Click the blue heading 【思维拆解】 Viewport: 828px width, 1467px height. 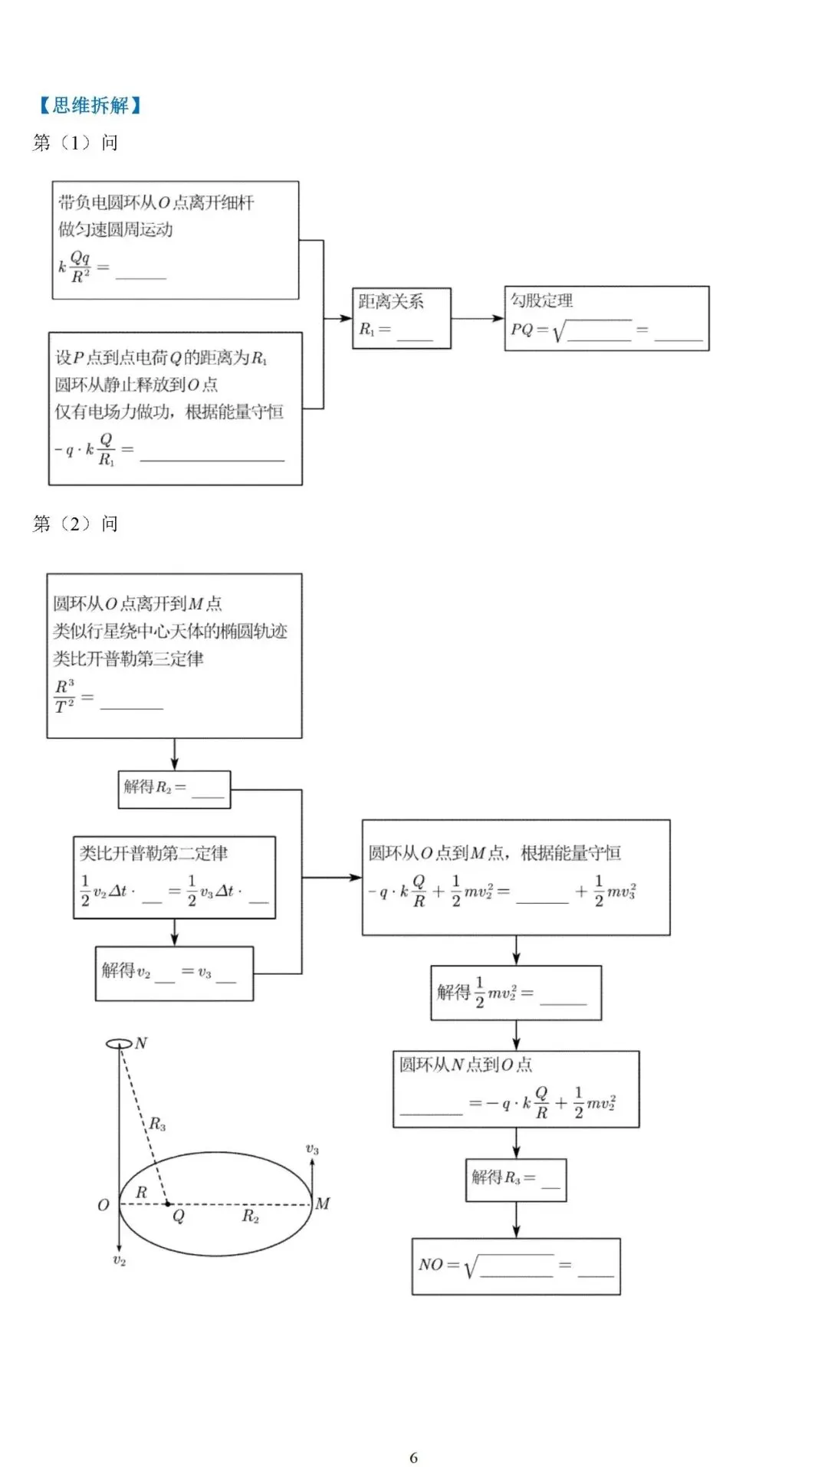90,105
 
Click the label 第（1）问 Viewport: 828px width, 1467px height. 75,143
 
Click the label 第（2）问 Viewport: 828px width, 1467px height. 75,523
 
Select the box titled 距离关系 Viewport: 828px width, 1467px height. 401,318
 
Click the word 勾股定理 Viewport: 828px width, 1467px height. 542,300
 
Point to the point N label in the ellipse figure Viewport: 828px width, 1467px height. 142,1042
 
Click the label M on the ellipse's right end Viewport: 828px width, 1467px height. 323,1203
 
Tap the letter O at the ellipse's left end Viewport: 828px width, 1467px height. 103,1205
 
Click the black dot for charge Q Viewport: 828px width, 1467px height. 168,1203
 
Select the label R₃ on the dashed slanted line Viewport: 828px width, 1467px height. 157,1124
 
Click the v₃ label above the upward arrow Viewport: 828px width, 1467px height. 312,1149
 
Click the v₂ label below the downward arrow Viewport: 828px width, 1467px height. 120,1260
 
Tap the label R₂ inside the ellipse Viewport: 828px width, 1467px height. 251,1216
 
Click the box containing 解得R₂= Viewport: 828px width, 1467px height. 174,789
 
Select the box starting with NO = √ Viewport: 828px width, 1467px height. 515,1266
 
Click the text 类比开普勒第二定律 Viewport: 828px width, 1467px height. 153,853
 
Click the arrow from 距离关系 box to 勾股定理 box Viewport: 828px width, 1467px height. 477,318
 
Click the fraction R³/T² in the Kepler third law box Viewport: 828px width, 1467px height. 64,696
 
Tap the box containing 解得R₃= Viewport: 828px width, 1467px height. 515,1180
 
